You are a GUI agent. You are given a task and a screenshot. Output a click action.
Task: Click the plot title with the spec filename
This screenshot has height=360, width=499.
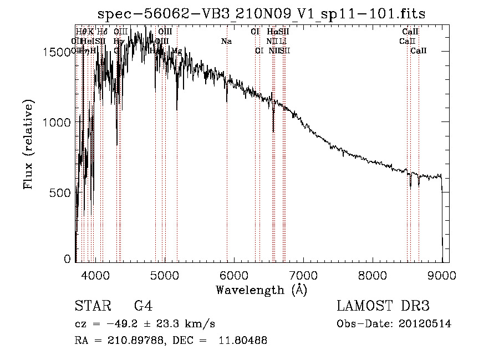click(261, 14)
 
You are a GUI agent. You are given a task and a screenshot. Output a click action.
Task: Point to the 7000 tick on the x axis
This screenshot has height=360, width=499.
click(303, 274)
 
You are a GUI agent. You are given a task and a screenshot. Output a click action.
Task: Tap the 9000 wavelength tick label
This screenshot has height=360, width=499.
click(442, 274)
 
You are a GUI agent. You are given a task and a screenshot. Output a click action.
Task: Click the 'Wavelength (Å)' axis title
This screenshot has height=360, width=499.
click(261, 290)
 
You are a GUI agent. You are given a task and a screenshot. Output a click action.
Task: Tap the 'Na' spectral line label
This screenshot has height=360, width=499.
click(226, 41)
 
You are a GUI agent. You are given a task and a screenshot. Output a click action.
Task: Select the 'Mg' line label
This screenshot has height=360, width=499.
click(176, 51)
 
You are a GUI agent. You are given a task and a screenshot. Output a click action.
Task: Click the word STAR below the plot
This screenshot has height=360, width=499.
click(89, 307)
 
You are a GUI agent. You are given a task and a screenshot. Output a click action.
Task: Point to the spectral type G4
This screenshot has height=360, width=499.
click(143, 307)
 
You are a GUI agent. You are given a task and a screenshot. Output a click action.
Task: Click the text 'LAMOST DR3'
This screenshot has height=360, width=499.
click(383, 307)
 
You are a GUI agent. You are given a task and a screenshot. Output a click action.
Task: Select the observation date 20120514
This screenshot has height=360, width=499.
click(425, 324)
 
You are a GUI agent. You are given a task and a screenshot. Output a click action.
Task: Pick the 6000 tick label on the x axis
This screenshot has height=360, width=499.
click(234, 274)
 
